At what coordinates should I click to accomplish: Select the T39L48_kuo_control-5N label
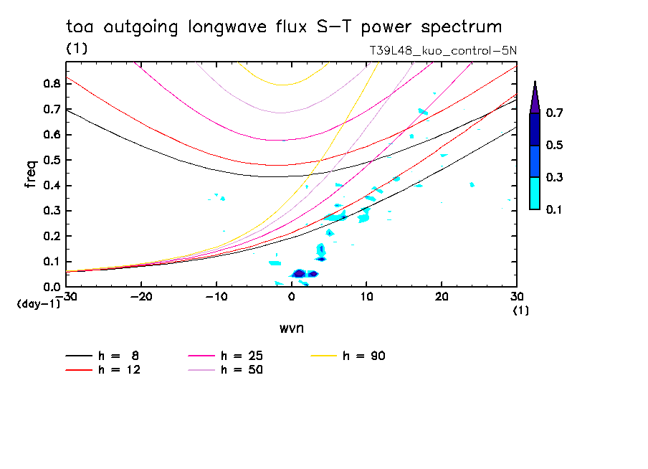click(x=442, y=50)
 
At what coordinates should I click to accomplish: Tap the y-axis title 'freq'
click(x=31, y=174)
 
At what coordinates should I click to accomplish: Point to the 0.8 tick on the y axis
click(x=51, y=84)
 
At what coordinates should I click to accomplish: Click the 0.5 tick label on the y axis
click(x=51, y=160)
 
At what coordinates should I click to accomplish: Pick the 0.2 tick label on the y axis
click(x=51, y=236)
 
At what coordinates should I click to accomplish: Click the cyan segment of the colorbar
click(x=535, y=193)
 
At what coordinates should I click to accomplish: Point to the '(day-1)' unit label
click(x=37, y=304)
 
